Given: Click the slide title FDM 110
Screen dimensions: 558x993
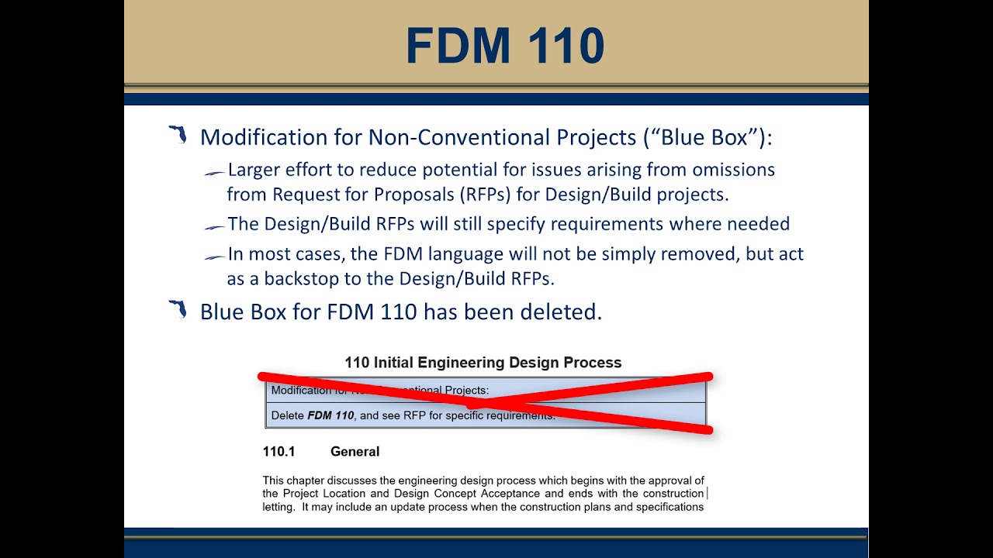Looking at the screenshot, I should (x=504, y=46).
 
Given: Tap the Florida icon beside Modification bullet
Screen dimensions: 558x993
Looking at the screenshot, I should (x=178, y=135).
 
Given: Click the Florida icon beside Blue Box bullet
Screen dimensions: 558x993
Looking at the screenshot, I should (x=178, y=310).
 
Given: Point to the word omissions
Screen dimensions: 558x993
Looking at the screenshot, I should (x=733, y=170).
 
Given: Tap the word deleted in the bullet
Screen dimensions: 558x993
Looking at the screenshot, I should (x=562, y=312).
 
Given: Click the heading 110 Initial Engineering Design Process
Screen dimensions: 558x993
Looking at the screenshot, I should (x=483, y=363).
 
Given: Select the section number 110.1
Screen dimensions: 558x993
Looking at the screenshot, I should (x=279, y=452).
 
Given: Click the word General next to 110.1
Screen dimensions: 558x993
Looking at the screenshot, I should (x=355, y=452).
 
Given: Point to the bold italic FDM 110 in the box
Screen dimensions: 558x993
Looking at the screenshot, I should (x=330, y=415).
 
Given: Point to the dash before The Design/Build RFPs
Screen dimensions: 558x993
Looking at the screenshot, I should (x=214, y=227).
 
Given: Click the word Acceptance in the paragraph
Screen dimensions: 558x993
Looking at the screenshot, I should (x=510, y=494).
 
